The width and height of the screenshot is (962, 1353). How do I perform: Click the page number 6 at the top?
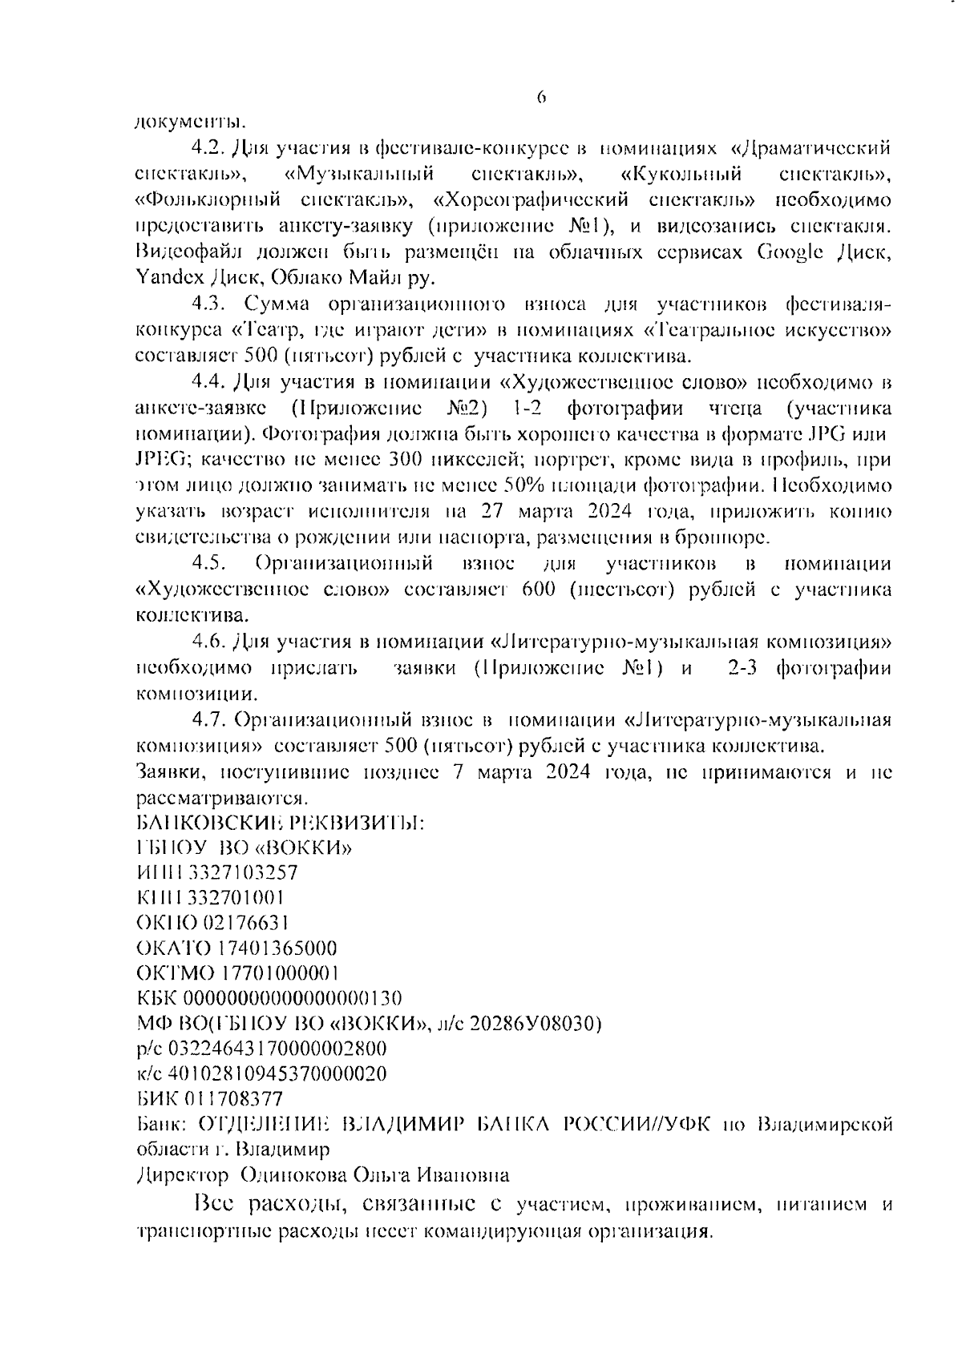coord(541,98)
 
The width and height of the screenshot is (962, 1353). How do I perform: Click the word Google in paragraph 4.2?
coord(790,252)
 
